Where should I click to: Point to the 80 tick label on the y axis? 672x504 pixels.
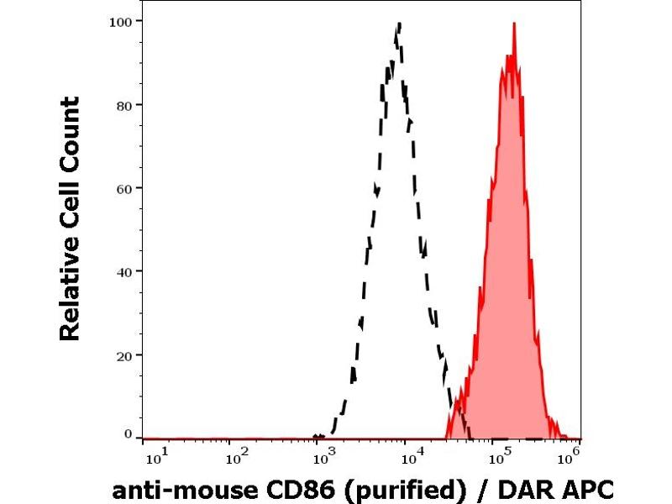[x=123, y=105]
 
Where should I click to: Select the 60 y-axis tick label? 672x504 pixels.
[x=123, y=188]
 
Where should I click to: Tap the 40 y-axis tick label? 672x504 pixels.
[x=123, y=271]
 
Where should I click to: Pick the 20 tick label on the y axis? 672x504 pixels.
[x=123, y=354]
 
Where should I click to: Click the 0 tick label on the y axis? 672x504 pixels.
[x=128, y=434]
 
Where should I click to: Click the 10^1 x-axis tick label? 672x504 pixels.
[x=157, y=457]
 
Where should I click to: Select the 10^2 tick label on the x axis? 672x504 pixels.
[x=239, y=457]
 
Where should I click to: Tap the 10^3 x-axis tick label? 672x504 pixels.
[x=323, y=457]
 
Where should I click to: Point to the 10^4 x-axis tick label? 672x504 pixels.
[x=412, y=457]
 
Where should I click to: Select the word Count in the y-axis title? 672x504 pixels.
[x=71, y=131]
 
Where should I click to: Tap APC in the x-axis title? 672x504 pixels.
[x=586, y=489]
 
